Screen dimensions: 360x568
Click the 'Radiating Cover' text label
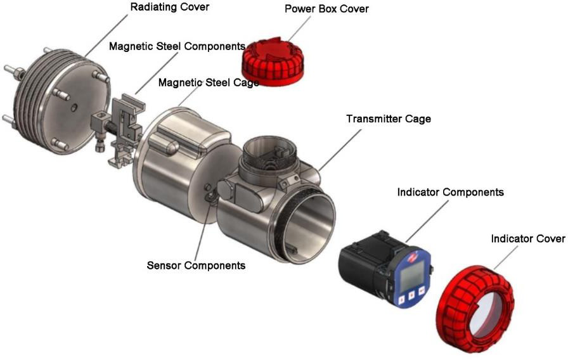pos(169,7)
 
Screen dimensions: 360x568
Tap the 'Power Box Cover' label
pos(326,9)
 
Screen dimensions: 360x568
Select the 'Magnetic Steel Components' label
pos(177,46)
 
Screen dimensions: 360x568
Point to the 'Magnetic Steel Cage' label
pos(209,82)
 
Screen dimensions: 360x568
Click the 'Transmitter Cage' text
pos(388,119)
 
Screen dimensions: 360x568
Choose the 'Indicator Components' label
pos(450,191)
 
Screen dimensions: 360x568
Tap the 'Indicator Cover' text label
pos(527,239)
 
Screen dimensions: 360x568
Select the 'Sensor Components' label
pos(196,265)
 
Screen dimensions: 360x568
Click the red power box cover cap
pos(274,58)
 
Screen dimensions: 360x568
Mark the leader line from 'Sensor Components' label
pos(202,231)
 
